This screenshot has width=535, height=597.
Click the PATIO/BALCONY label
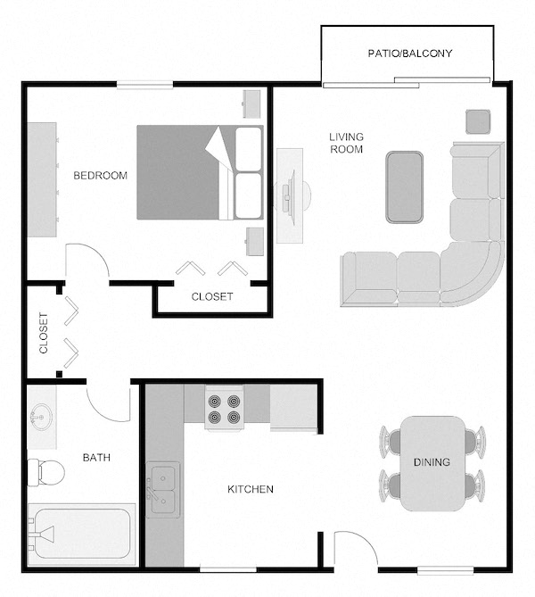point(410,53)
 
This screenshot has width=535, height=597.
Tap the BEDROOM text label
point(100,176)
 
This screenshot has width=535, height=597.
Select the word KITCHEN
point(251,489)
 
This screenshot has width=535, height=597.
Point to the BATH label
point(96,457)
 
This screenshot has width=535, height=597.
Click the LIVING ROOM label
point(346,143)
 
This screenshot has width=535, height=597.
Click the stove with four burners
point(224,409)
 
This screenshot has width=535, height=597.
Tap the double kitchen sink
point(163,490)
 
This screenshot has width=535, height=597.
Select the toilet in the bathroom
point(45,472)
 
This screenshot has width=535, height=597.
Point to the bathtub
point(82,534)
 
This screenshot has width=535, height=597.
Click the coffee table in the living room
point(404,187)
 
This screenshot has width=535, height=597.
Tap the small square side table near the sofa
point(478,122)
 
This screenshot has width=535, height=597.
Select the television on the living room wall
point(291,196)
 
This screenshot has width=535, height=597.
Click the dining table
point(433,463)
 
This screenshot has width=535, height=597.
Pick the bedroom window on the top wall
point(144,85)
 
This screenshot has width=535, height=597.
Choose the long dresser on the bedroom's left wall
point(42,179)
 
